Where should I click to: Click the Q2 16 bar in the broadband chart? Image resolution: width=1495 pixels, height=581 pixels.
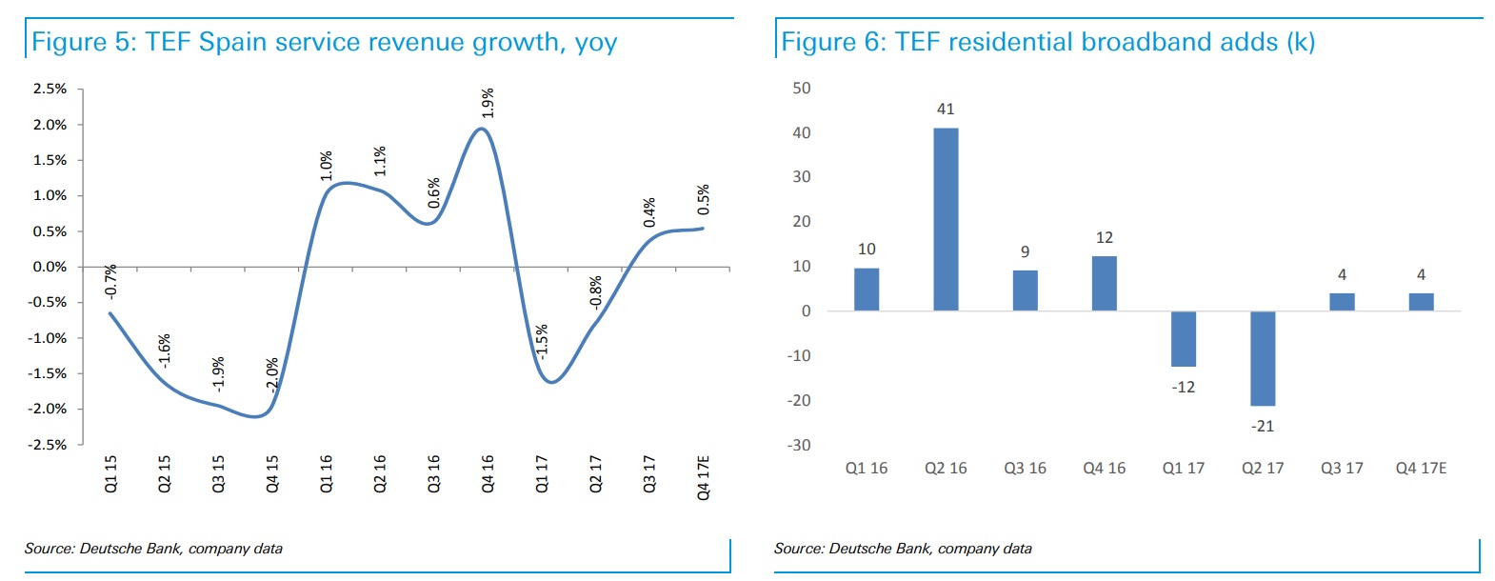pos(946,219)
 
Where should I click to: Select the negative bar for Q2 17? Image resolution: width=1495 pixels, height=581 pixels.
pos(1263,358)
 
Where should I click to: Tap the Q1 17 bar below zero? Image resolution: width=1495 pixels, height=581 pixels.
pos(1184,339)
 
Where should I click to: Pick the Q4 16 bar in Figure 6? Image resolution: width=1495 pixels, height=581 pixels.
pos(1105,284)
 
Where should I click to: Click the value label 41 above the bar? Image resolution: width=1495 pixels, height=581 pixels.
pos(946,110)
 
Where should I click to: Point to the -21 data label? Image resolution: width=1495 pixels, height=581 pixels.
pos(1263,426)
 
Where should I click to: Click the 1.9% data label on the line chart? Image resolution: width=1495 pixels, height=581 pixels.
pos(488,103)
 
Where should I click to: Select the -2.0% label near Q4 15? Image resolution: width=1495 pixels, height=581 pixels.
pos(272,374)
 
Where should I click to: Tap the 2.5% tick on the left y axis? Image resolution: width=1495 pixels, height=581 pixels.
pos(50,89)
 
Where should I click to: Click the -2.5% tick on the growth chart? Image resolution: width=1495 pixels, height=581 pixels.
pos(49,445)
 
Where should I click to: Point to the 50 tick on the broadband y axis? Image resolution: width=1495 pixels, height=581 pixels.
pos(802,89)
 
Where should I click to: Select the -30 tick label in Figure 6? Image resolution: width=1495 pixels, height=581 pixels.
pos(799,445)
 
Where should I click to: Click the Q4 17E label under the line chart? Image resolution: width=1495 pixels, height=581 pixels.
pos(704,477)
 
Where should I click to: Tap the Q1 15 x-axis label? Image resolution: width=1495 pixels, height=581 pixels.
pos(110,473)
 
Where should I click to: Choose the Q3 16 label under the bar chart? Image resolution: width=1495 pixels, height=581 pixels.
pos(1025,469)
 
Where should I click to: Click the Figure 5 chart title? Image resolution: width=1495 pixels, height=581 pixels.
pos(325,42)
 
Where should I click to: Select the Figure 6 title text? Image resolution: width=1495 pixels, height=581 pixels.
pos(1047,42)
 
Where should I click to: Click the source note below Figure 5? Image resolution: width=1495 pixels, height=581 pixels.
pos(153,549)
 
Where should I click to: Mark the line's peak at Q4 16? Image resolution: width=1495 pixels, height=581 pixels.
pos(483,129)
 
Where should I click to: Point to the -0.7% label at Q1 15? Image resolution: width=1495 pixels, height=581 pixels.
pos(111,281)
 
